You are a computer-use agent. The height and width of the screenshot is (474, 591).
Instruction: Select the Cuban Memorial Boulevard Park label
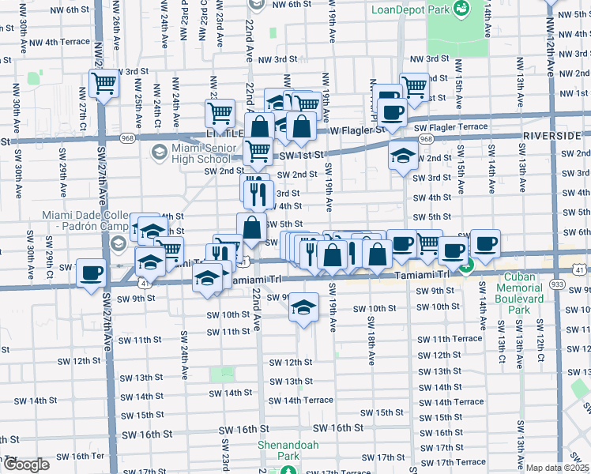(x=519, y=299)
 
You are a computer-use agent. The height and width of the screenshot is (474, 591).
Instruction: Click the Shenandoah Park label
(x=288, y=450)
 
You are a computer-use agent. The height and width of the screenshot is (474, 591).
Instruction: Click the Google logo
(x=25, y=465)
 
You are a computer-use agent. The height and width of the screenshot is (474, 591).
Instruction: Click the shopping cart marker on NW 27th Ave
(x=104, y=83)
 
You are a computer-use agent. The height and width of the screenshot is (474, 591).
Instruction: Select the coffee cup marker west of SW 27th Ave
(x=92, y=273)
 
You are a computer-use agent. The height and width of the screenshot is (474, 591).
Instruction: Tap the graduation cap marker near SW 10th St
(x=303, y=307)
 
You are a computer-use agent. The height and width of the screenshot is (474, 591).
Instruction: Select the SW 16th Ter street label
(x=87, y=456)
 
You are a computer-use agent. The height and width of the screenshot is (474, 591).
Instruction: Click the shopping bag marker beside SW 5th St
(x=251, y=228)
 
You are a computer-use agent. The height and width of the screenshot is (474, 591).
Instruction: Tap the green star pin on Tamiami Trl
(x=466, y=269)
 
